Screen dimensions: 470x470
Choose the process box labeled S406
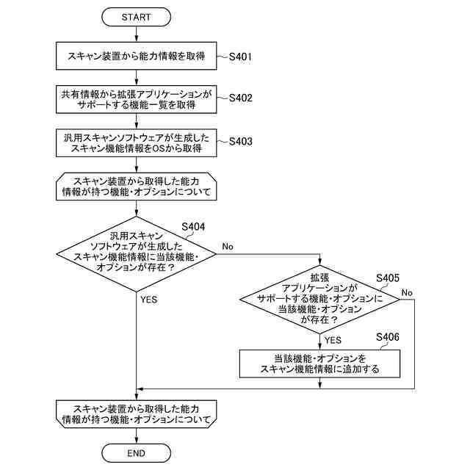click(x=320, y=364)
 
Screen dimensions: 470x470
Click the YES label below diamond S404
click(x=148, y=300)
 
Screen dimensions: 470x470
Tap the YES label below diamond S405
click(x=333, y=340)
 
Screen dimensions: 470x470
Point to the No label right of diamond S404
click(x=228, y=247)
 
